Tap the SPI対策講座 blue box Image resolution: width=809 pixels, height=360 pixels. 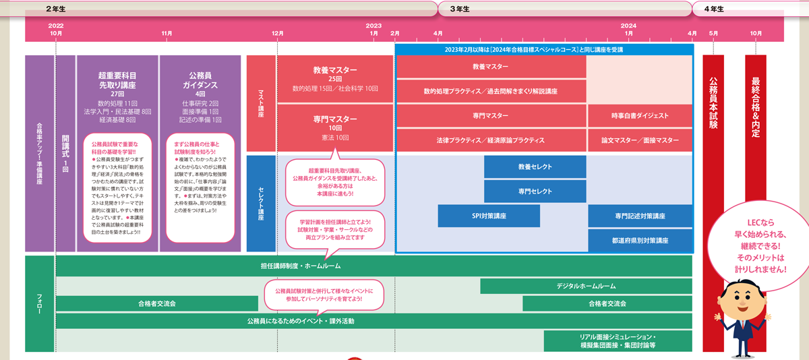[489, 216]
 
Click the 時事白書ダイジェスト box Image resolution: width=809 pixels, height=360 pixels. [640, 115]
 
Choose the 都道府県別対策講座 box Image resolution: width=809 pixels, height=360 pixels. [640, 239]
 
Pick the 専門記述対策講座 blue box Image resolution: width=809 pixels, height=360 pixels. [640, 216]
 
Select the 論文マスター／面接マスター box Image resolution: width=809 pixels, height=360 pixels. [640, 140]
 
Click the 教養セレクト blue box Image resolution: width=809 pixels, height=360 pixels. [535, 167]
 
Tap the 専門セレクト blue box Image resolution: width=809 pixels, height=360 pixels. [535, 191]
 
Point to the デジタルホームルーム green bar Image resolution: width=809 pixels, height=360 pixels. [586, 286]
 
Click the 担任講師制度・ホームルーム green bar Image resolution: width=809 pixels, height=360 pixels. [300, 266]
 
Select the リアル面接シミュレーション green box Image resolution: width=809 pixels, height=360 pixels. [618, 340]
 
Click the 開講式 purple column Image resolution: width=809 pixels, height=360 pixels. [65, 154]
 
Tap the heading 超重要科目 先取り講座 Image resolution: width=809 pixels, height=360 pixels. [117, 80]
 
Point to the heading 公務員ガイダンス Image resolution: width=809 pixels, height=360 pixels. [200, 80]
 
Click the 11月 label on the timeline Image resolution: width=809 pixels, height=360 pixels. [167, 33]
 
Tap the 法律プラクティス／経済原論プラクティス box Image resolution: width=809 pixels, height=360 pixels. [490, 140]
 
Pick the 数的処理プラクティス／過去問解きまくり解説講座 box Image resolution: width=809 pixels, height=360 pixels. [490, 91]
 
